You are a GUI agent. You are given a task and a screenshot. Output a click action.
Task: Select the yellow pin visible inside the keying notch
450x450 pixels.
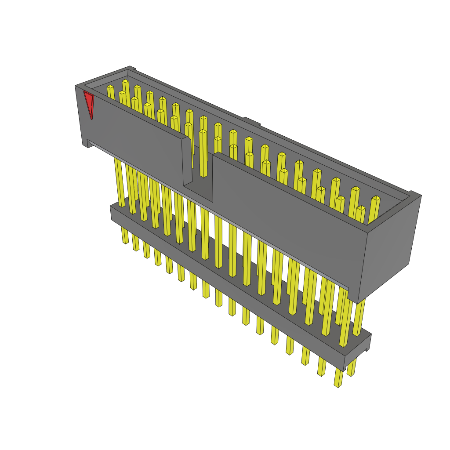(x=203, y=154)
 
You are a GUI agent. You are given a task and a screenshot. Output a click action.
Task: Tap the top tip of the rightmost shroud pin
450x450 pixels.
(x=376, y=198)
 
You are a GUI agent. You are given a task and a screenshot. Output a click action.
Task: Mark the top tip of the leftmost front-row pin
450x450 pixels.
(x=110, y=87)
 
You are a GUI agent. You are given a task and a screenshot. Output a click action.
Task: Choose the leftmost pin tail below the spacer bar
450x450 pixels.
(x=125, y=235)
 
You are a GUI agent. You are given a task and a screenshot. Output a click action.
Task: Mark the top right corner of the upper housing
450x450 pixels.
(x=420, y=196)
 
